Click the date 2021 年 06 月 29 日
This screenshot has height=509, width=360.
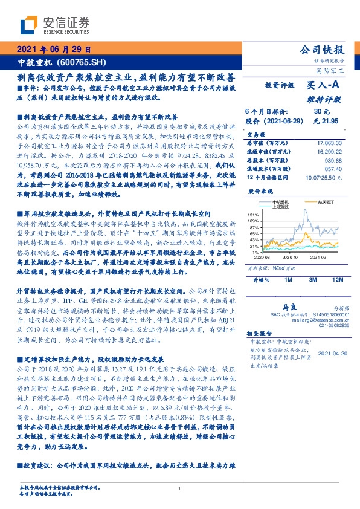pyautogui.click(x=55, y=49)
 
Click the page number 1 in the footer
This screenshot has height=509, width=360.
pyautogui.click(x=180, y=488)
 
